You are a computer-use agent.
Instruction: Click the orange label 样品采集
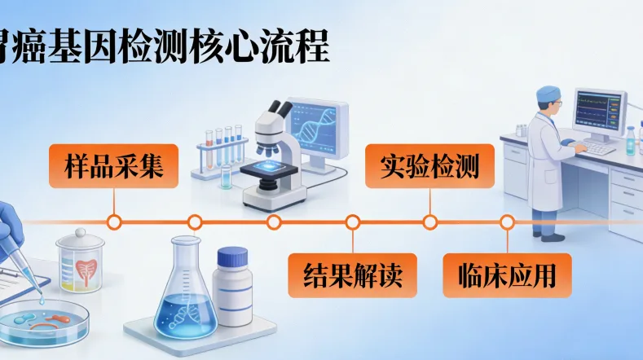point(113,167)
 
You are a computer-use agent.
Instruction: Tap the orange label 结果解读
point(353,274)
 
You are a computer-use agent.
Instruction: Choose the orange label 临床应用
point(507,274)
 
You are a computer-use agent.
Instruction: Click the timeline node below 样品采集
point(114,222)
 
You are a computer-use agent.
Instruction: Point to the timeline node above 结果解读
point(353,222)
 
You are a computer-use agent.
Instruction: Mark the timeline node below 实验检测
point(429,222)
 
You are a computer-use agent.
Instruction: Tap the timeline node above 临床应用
point(507,222)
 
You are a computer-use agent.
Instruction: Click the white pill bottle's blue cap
point(231,257)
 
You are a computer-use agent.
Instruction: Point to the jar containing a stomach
point(81,262)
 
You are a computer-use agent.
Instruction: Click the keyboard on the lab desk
point(599,149)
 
